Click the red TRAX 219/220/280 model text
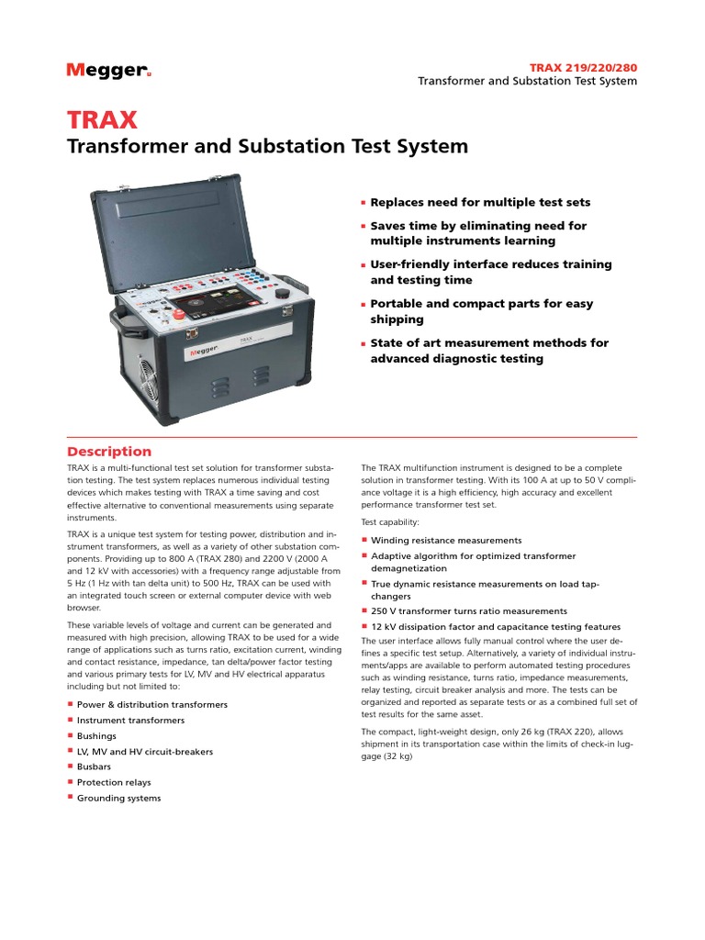583,67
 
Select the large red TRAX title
102,119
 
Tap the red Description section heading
109,451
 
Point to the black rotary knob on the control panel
283,293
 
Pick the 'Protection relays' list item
114,782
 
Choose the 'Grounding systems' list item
118,798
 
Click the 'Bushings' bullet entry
96,735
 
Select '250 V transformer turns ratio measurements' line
468,610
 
